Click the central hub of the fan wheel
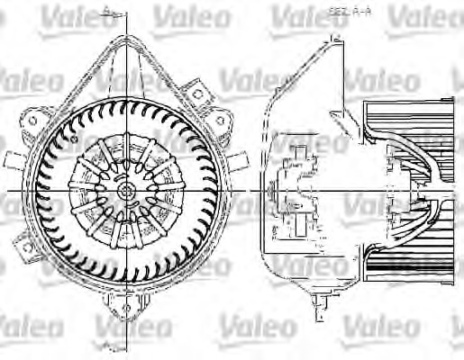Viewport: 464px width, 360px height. [125, 191]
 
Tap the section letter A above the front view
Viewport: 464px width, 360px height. [106, 8]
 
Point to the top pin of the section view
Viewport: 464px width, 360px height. [332, 36]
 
